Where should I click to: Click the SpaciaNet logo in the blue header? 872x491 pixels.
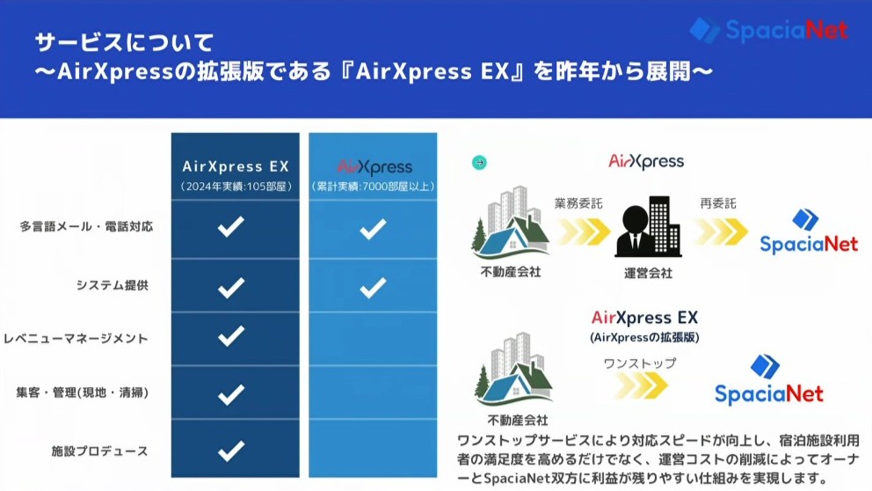coord(768,30)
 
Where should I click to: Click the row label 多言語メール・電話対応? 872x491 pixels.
coord(86,226)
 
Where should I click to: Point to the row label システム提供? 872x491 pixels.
coord(113,285)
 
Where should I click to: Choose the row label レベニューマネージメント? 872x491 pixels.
coord(76,339)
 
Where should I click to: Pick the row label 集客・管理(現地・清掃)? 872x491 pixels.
coord(83,392)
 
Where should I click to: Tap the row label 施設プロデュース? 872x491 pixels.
coord(99,451)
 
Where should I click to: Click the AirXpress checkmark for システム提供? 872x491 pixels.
coord(373,287)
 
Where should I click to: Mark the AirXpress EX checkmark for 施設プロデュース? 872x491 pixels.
coord(231,451)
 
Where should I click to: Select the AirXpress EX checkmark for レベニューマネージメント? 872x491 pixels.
coord(231,336)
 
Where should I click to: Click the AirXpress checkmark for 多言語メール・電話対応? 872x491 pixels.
coord(373,229)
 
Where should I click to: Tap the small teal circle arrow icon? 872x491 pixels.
coord(479,163)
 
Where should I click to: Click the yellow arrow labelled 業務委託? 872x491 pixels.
coord(584,231)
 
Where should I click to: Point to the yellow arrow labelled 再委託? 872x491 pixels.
coord(722,231)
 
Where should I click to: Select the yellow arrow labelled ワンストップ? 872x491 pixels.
coord(641,385)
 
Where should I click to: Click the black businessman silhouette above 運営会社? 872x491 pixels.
coord(634,231)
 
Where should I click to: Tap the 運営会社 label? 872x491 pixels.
coord(648,273)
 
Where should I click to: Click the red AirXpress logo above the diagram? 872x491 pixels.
coord(646,161)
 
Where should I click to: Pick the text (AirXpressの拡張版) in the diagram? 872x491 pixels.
coord(644,337)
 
